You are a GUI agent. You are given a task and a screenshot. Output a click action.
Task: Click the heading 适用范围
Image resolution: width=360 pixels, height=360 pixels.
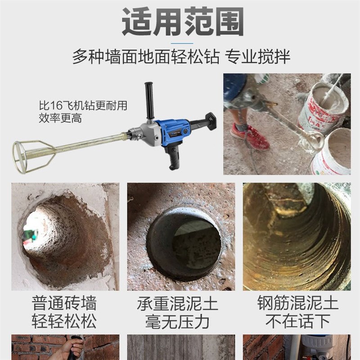(183, 21)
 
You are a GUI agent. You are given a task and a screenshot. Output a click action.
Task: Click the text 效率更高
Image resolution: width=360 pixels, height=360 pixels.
(61, 118)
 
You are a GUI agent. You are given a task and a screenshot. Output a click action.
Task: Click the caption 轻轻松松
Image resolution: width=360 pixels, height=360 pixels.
(64, 321)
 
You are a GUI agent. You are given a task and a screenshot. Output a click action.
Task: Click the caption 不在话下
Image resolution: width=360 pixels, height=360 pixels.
(297, 321)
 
